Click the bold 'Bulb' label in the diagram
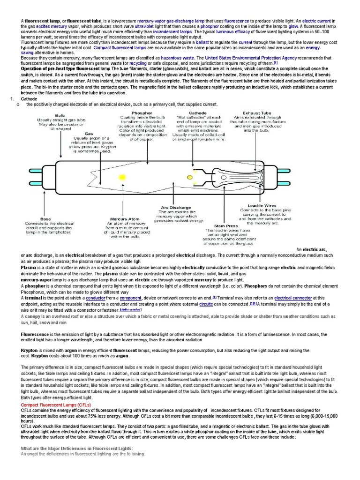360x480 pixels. (60, 115)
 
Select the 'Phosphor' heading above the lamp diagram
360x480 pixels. (142, 113)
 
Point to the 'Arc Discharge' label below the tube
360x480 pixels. (176, 207)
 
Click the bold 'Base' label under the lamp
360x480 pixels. (45, 219)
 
